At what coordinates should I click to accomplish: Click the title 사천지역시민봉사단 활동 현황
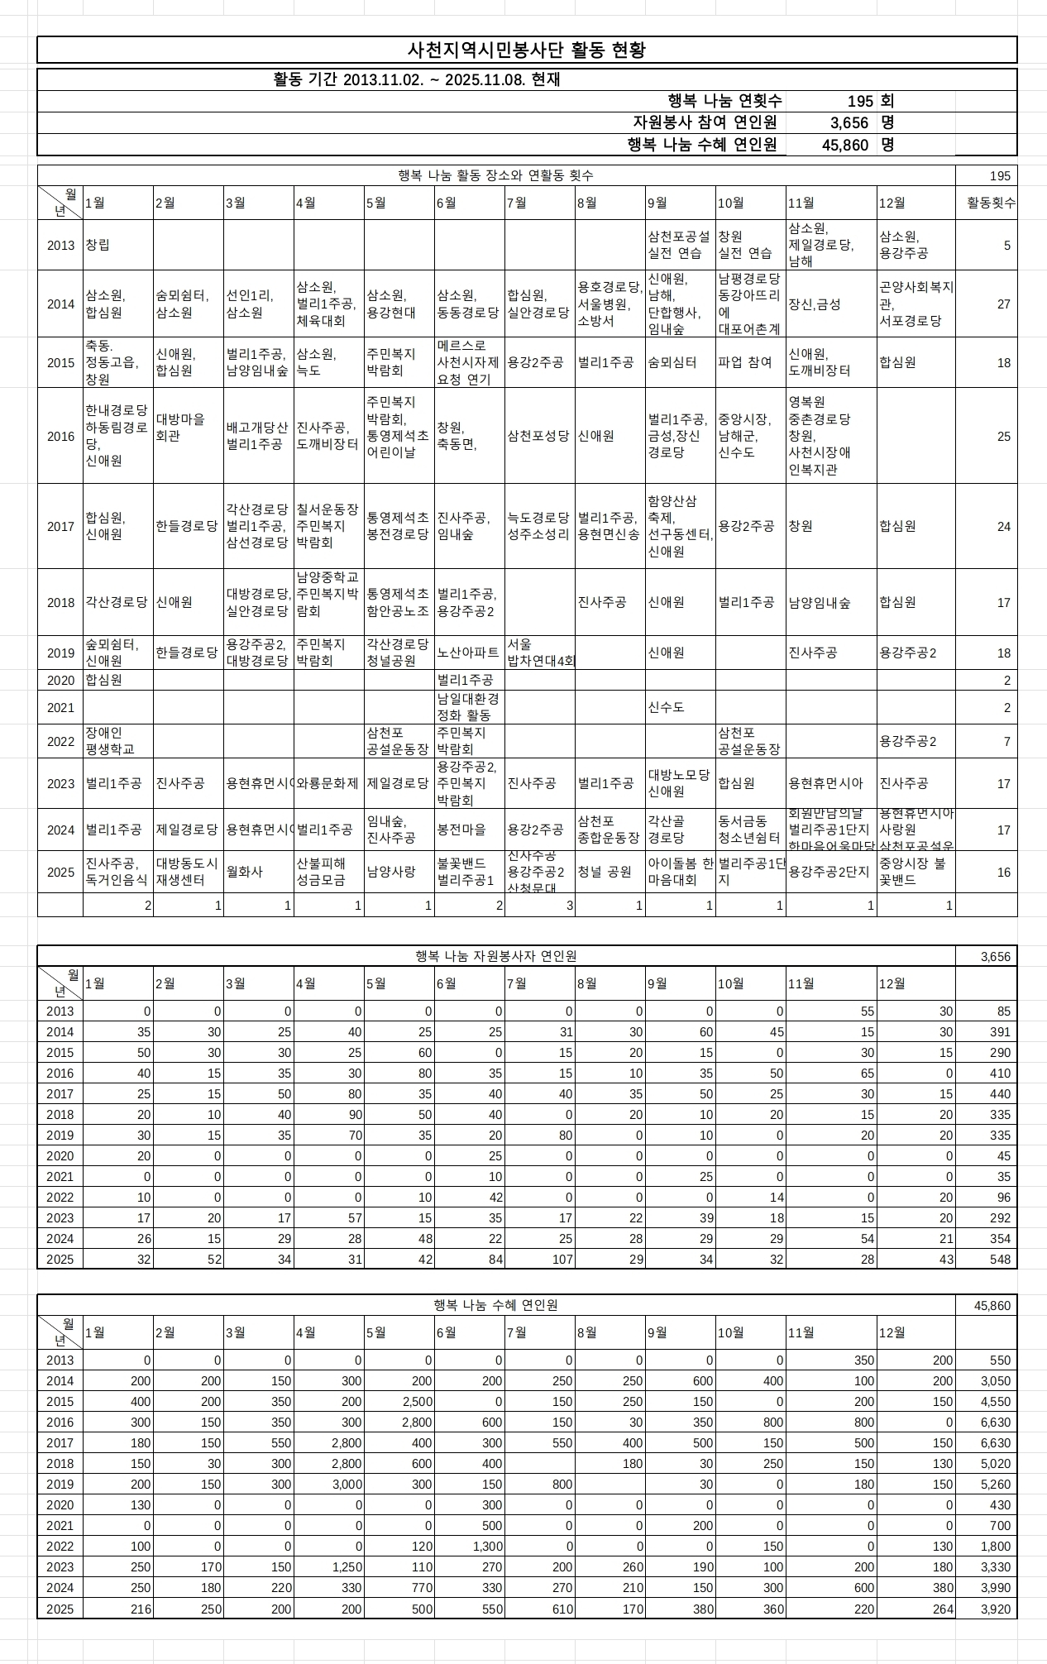point(527,50)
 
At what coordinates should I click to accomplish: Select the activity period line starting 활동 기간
point(417,80)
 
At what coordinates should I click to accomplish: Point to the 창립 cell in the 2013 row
point(98,245)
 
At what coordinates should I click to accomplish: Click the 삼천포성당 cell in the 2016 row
point(538,436)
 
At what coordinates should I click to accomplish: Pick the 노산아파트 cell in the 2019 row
point(468,653)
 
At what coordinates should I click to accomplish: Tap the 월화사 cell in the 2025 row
point(244,872)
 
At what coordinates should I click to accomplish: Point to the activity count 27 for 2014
point(1003,304)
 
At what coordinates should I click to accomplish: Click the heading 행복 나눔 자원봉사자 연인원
point(496,956)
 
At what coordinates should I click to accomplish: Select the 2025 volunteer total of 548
point(1000,1259)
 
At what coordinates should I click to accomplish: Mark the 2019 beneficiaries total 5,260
point(994,1485)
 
